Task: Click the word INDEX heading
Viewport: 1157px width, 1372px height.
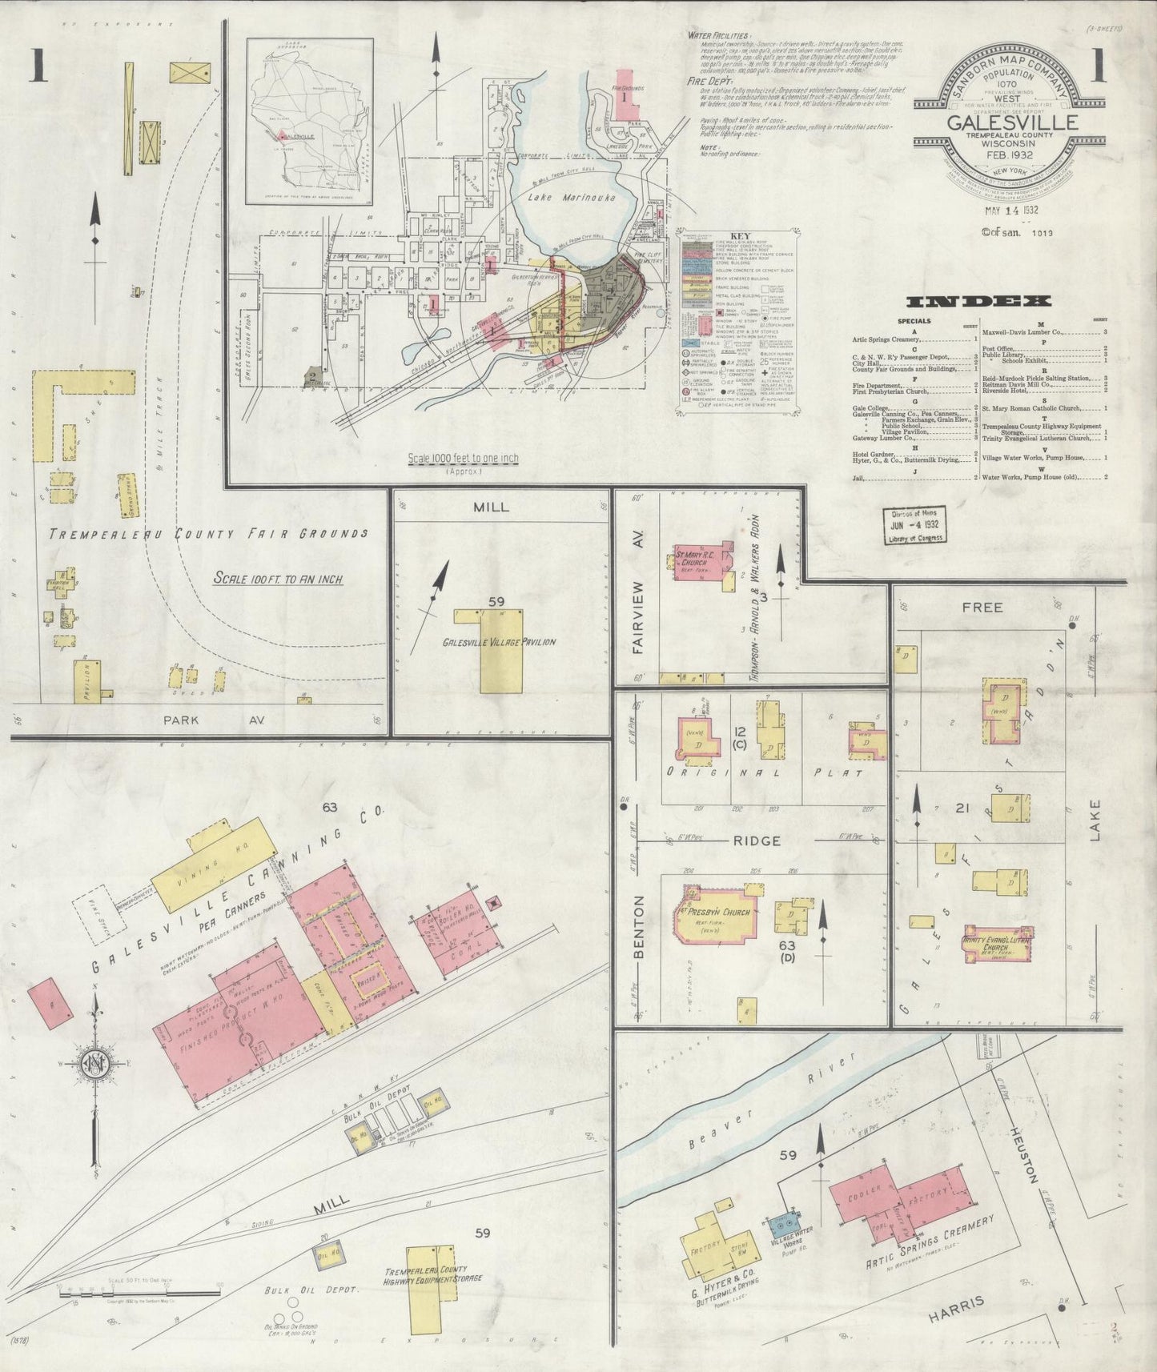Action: click(x=978, y=302)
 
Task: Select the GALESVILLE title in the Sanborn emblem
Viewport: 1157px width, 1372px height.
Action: click(x=1012, y=122)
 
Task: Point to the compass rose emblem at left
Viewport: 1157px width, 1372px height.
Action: click(x=94, y=1065)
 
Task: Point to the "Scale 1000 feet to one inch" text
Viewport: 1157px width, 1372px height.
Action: click(x=463, y=459)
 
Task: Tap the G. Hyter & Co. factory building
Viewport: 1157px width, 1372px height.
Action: click(x=709, y=1245)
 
